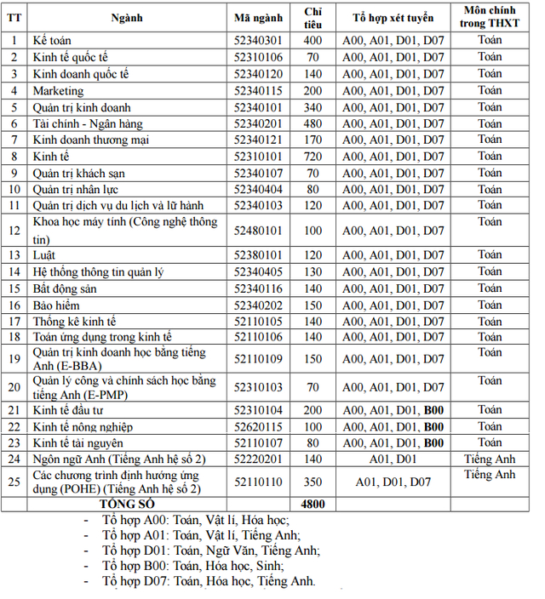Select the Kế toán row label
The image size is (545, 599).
click(52, 40)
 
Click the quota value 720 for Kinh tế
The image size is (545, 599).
click(313, 156)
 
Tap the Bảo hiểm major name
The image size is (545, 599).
click(54, 305)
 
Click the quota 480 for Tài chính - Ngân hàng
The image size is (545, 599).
click(313, 123)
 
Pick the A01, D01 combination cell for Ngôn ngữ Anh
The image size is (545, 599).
click(393, 459)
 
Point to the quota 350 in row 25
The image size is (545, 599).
click(313, 482)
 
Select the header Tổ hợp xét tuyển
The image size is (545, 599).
click(393, 16)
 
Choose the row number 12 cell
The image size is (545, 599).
click(14, 230)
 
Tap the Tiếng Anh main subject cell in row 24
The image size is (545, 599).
click(490, 459)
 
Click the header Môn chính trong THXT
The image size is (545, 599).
click(490, 16)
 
